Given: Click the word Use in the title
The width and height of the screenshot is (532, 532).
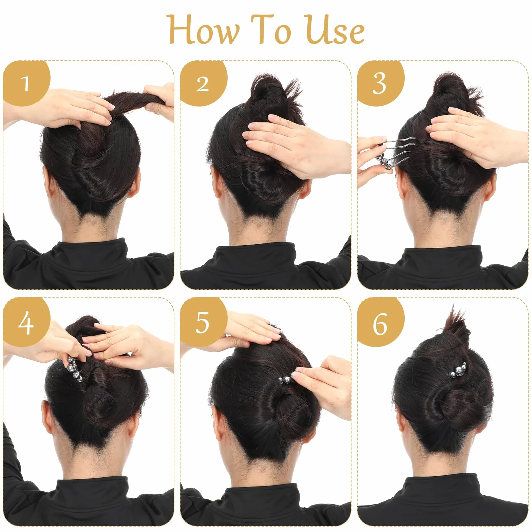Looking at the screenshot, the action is pos(335,30).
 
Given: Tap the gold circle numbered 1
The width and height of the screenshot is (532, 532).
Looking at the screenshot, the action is pos(26,83).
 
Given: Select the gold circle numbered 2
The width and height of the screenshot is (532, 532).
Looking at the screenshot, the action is pos(203,83).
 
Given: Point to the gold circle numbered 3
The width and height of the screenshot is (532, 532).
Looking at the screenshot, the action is pos(380,83).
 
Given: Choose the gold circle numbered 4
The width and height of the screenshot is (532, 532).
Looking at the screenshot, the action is pos(26,322).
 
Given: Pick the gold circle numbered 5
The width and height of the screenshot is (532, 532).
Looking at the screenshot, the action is pos(203,322).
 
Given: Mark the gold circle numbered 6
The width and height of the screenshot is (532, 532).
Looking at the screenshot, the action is pos(380,322).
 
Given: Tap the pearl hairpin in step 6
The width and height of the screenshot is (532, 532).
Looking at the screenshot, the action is pos(458,370).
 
